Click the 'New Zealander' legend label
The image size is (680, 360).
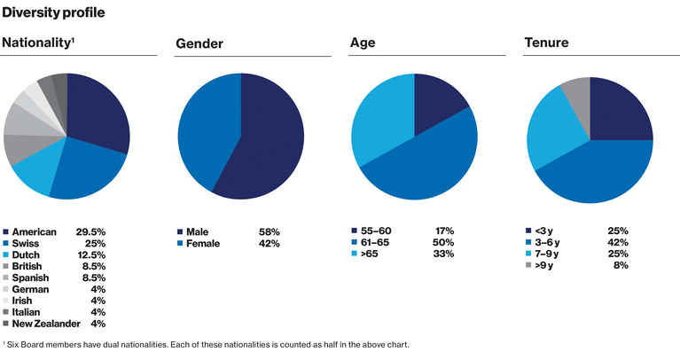(x=48, y=324)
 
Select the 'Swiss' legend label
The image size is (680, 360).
(x=27, y=243)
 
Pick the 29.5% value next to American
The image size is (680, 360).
(x=91, y=231)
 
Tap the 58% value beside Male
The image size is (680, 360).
(x=269, y=231)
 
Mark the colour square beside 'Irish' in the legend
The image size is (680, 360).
(x=6, y=301)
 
